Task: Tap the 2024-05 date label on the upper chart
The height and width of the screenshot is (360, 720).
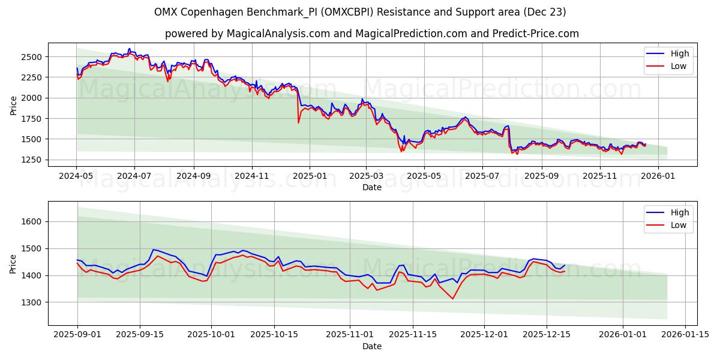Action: point(76,176)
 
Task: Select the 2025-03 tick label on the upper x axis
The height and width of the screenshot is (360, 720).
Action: point(366,176)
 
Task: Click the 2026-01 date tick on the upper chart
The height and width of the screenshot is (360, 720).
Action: point(658,176)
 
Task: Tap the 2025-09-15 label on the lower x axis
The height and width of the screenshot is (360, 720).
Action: point(140,334)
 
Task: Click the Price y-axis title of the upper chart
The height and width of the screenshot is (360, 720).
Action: point(13,105)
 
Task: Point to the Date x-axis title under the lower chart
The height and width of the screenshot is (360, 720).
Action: point(372,346)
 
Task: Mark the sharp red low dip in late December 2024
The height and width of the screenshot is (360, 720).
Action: point(298,122)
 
